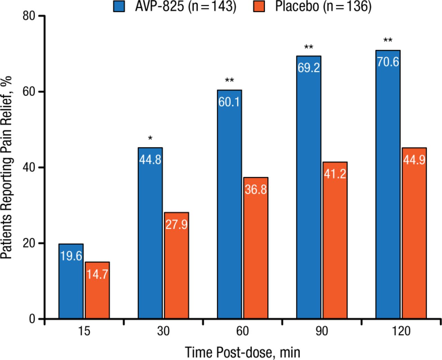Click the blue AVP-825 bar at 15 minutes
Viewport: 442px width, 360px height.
[x=71, y=281]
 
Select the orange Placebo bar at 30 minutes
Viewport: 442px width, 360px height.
[x=176, y=266]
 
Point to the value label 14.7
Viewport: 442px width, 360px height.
[x=97, y=274]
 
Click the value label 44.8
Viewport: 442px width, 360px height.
[x=150, y=160]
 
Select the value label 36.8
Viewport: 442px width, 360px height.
[x=256, y=189]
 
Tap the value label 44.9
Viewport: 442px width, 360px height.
[x=414, y=160]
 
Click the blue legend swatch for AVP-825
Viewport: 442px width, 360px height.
[x=119, y=7]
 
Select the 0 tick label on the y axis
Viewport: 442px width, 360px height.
[x=32, y=319]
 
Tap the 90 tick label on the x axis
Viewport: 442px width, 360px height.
[x=321, y=331]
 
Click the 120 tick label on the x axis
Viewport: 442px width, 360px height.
[x=401, y=331]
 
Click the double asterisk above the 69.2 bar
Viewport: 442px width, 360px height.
[x=309, y=47]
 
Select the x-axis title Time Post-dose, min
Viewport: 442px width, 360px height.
[x=242, y=352]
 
